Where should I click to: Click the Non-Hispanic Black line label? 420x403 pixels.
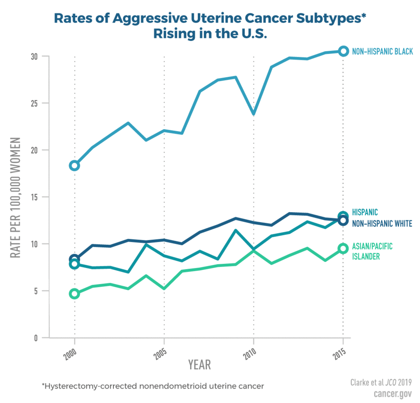pyautogui.click(x=382, y=52)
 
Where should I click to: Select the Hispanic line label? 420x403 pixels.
pyautogui.click(x=365, y=212)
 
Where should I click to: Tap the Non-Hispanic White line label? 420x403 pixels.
pyautogui.click(x=381, y=223)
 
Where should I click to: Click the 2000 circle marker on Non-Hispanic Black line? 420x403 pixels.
pyautogui.click(x=74, y=165)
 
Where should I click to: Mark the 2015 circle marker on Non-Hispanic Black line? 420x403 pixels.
pyautogui.click(x=343, y=51)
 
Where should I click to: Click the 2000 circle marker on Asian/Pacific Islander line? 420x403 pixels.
pyautogui.click(x=74, y=294)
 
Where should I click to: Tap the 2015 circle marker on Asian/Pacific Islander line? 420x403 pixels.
pyautogui.click(x=343, y=248)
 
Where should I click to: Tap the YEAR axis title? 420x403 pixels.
pyautogui.click(x=200, y=365)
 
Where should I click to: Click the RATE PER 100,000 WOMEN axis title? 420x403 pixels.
pyautogui.click(x=16, y=197)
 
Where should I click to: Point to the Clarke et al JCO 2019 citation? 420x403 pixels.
pyautogui.click(x=381, y=383)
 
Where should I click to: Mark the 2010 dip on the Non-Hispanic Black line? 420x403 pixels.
pyautogui.click(x=253, y=114)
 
